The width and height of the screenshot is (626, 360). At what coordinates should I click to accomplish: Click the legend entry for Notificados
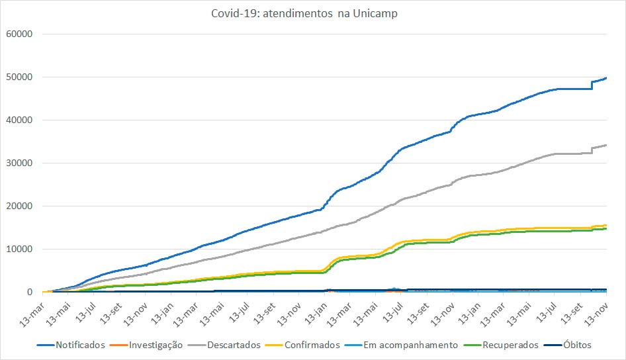tap(80, 345)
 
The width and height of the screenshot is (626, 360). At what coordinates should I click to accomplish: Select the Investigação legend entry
tap(156, 345)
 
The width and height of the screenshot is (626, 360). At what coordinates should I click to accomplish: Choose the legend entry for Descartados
tap(234, 345)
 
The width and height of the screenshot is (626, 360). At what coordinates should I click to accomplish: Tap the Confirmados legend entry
tap(310, 345)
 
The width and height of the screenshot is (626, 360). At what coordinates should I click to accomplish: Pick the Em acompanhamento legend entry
tap(410, 345)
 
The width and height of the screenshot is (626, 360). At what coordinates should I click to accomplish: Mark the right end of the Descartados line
tap(607, 145)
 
